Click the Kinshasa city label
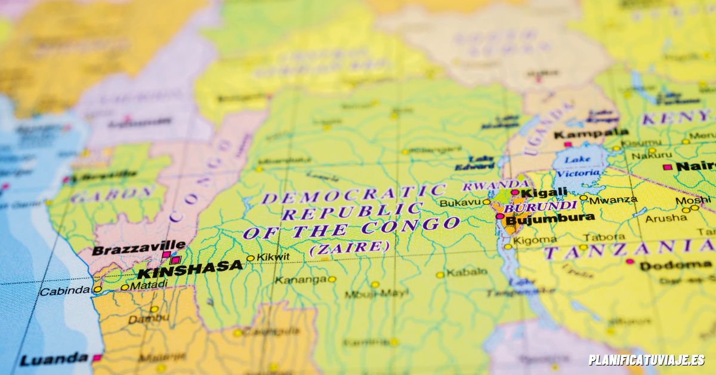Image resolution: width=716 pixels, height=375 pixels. [190, 270]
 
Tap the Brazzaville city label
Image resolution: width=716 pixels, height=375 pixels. [138, 247]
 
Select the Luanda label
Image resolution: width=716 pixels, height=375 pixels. [54, 359]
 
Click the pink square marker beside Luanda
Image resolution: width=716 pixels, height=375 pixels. [96, 358]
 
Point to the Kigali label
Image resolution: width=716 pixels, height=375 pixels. [544, 192]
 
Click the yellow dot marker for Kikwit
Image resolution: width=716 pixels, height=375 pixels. [251, 259]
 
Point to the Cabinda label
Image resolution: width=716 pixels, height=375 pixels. [64, 291]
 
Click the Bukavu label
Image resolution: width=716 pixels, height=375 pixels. [460, 203]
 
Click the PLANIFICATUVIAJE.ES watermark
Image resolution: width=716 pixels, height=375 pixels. [646, 360]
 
